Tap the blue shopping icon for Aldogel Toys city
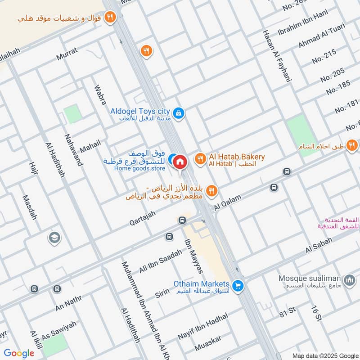(179, 113)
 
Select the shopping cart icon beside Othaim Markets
(238, 285)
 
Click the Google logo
(19, 353)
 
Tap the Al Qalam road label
(228, 202)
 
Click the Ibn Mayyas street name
(194, 256)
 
